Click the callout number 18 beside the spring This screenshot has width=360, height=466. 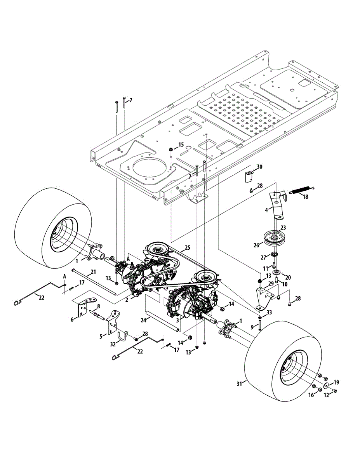(x=306, y=197)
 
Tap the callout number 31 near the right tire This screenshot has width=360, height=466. (x=240, y=384)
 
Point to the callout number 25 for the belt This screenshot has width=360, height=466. (x=187, y=247)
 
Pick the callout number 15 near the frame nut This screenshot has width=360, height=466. (x=181, y=145)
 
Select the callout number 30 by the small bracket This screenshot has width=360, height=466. (x=260, y=167)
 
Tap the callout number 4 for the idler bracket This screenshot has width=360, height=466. (x=266, y=210)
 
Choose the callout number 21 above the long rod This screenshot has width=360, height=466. (x=93, y=271)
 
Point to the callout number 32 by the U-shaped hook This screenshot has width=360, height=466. (x=113, y=343)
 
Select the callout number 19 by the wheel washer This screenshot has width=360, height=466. (x=336, y=382)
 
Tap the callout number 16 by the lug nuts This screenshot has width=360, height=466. (x=310, y=395)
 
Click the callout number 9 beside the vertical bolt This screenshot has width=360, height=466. (x=252, y=327)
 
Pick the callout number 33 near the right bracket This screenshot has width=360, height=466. (x=269, y=312)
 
